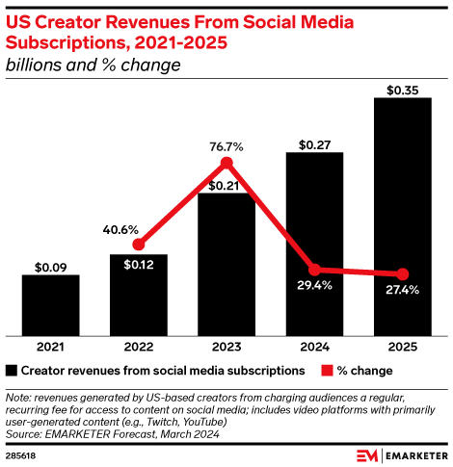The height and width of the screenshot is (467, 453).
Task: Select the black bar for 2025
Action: [402, 216]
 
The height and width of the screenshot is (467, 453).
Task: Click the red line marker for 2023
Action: [227, 164]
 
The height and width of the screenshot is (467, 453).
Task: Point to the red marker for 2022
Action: [139, 245]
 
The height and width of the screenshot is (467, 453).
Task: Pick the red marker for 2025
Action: [403, 273]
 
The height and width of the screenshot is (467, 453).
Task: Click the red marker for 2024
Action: [314, 270]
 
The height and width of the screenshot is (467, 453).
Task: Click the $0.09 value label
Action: [50, 267]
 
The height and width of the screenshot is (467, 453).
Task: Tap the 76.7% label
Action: [226, 146]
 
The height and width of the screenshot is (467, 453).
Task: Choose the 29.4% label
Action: [314, 286]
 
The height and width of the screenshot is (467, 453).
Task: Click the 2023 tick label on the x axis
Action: [226, 347]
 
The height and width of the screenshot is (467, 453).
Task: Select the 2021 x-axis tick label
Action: [50, 347]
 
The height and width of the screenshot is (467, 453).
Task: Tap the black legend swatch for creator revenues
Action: [11, 370]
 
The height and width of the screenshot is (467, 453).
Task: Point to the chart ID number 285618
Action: [20, 454]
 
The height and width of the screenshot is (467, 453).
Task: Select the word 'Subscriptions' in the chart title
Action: [60, 42]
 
